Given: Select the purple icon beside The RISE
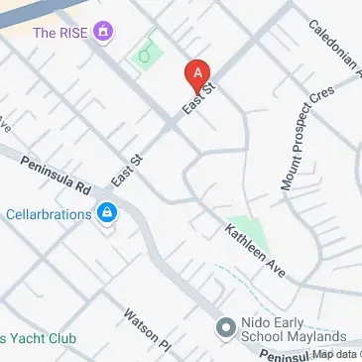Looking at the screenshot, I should [x=103, y=33].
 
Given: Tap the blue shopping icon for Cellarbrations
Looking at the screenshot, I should [x=106, y=213].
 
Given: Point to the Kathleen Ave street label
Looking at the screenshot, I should [x=255, y=252].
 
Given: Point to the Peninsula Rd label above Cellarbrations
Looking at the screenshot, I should [x=56, y=176].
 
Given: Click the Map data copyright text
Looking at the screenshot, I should [x=333, y=354].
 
